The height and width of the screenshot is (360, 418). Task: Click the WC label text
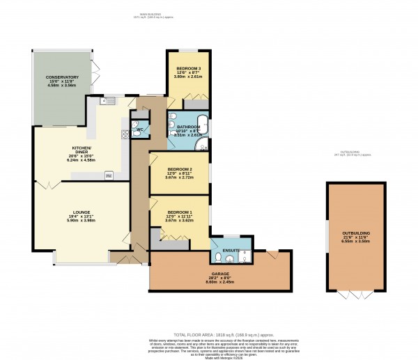pyautogui.click(x=140, y=130)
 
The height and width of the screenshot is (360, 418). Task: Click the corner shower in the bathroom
pyautogui.click(x=202, y=145)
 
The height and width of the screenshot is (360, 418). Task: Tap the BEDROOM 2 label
pyautogui.click(x=180, y=170)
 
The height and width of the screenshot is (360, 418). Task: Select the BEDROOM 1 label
pyautogui.click(x=180, y=212)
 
